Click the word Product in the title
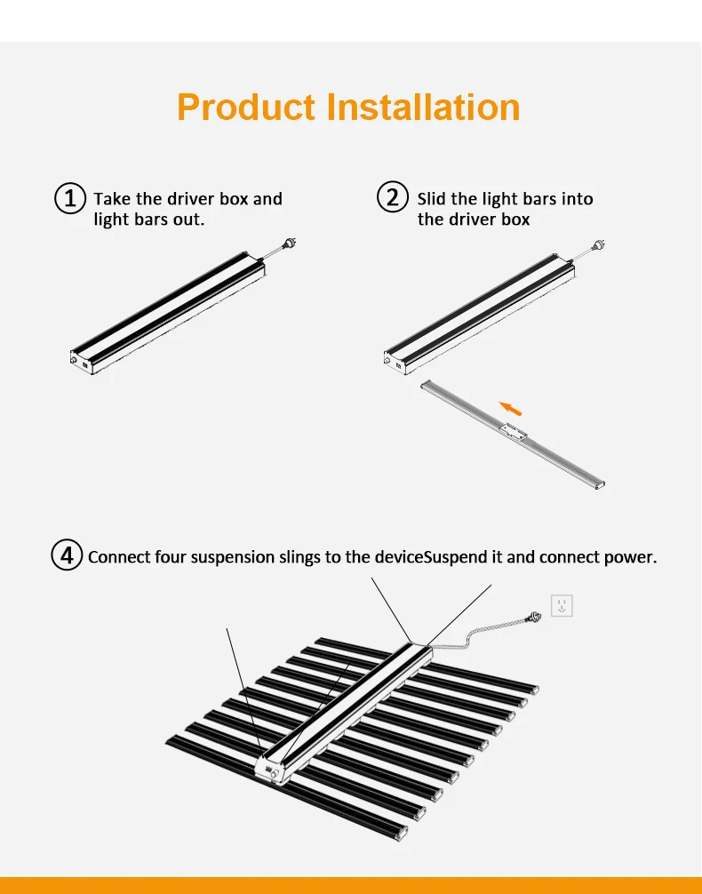click(x=246, y=108)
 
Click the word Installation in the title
click(x=423, y=107)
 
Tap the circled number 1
click(x=70, y=197)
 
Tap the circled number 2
click(x=393, y=197)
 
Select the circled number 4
click(x=67, y=556)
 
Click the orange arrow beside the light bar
click(x=510, y=408)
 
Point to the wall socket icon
click(x=562, y=606)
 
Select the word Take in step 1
click(x=112, y=198)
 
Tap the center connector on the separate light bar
click(x=513, y=432)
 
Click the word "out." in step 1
click(x=188, y=219)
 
